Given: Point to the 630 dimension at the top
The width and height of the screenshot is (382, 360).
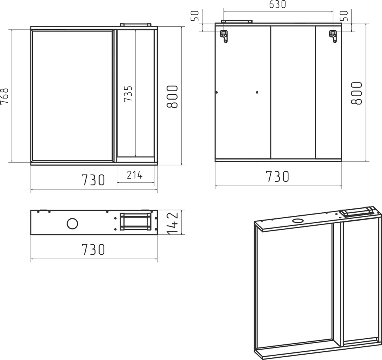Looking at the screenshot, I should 278,5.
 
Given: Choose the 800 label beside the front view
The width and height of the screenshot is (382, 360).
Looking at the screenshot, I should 172,96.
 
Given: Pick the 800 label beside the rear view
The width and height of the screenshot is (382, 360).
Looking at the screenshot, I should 356,93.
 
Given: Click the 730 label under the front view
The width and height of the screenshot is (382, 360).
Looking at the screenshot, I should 93,180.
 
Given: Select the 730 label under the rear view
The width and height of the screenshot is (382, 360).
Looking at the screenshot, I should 277,176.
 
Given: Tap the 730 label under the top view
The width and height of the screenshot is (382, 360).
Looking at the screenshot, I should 93,249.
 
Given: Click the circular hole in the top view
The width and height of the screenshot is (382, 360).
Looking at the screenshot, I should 72,224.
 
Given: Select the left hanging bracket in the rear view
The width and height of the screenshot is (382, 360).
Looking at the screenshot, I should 225,36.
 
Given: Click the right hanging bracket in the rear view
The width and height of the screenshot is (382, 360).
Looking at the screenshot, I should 333,36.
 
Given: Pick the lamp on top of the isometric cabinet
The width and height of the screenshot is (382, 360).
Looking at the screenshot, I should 358,211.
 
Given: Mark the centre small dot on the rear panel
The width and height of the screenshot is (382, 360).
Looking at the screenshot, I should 257,92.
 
